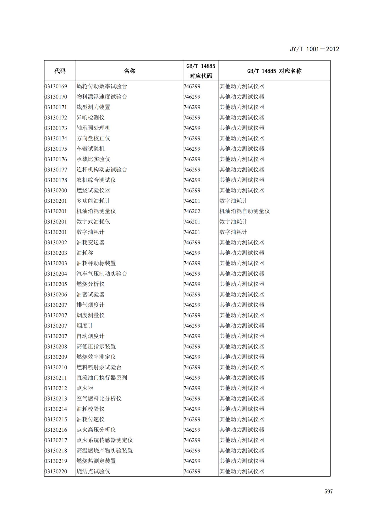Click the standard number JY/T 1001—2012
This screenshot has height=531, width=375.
314,49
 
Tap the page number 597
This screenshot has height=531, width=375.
329,492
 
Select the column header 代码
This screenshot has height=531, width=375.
60,71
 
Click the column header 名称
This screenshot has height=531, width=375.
129,71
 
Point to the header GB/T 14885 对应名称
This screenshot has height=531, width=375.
274,71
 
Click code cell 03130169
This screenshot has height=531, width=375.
56,86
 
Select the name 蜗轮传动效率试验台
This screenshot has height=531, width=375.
102,86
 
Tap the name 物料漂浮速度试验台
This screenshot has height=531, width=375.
102,97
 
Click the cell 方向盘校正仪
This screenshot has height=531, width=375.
93,138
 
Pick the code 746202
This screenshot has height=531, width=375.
192,211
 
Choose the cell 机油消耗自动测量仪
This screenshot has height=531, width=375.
245,211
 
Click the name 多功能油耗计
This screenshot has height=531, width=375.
93,201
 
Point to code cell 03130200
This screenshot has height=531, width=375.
56,190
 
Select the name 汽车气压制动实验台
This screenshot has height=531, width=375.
102,274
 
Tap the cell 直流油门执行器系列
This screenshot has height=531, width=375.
102,378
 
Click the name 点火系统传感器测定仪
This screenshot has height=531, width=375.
105,440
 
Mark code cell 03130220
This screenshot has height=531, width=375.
56,471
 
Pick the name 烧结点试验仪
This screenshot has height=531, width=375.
93,471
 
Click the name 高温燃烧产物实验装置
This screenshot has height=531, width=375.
105,451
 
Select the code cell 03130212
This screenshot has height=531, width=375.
56,388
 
